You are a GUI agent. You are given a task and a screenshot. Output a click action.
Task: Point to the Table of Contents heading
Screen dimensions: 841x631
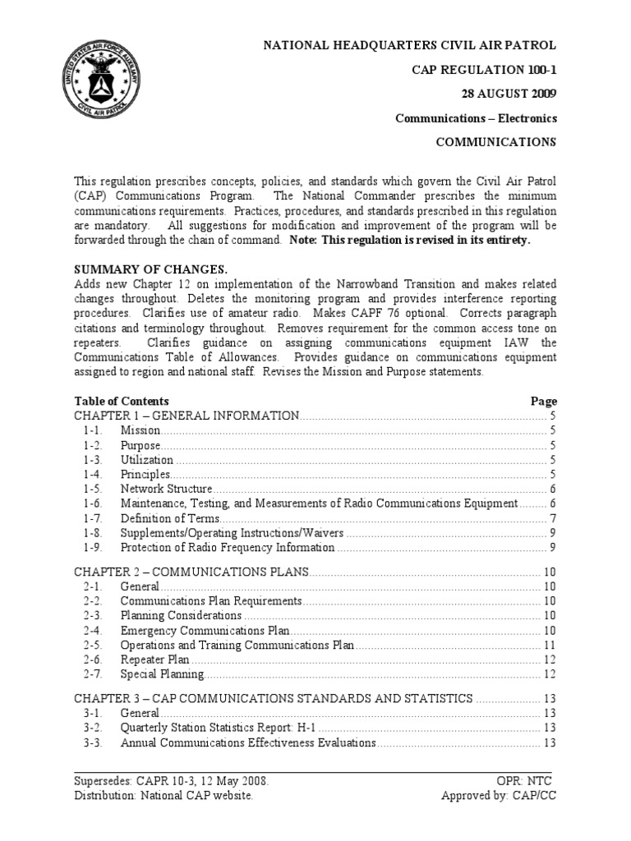click(122, 401)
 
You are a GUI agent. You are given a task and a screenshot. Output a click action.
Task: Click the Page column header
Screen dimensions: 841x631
click(543, 401)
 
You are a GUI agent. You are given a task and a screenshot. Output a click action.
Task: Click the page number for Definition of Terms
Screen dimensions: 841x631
click(553, 518)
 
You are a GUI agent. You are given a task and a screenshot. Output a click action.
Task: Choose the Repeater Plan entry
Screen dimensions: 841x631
click(154, 659)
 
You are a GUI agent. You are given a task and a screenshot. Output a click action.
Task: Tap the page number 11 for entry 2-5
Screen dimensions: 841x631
click(550, 645)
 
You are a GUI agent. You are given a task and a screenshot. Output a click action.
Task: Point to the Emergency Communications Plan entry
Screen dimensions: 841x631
click(205, 630)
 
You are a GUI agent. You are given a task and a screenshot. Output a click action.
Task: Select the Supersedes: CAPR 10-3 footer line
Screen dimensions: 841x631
click(171, 780)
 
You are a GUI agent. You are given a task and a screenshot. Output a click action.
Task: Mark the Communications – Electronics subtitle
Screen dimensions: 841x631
click(476, 117)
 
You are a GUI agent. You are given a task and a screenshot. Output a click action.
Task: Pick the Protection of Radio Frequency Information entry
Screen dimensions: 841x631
click(228, 548)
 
